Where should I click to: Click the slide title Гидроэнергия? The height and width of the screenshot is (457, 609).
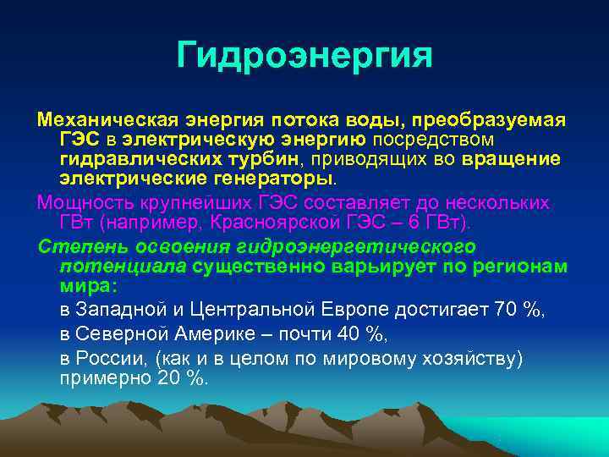coord(304,56)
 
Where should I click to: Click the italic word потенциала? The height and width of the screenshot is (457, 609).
coord(123,267)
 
